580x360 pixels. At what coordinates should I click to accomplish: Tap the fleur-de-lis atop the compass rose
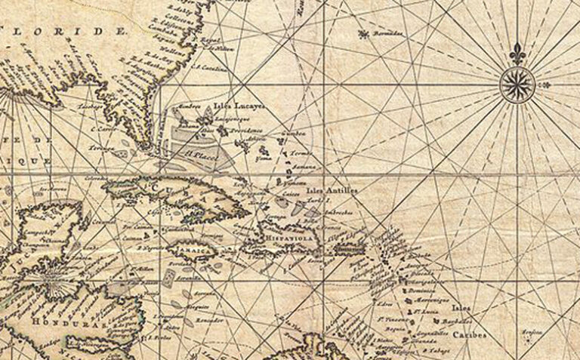tap(517, 54)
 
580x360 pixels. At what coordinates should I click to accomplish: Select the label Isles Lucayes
tap(239, 106)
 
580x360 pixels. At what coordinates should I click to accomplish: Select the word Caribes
tap(469, 334)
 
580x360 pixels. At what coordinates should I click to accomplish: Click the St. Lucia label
tap(423, 309)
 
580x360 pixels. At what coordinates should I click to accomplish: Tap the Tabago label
tap(441, 351)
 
